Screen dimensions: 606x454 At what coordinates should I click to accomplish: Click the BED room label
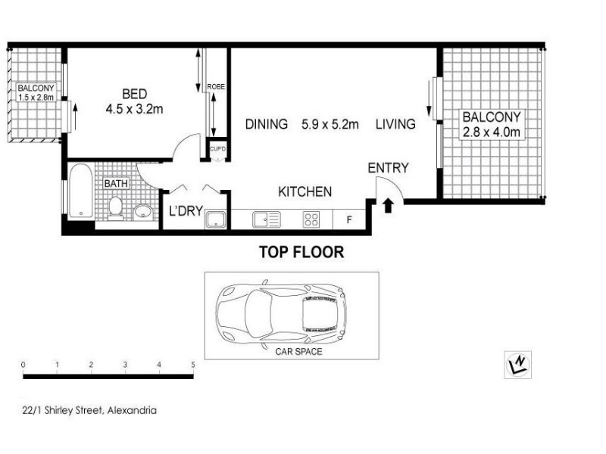pyautogui.click(x=135, y=94)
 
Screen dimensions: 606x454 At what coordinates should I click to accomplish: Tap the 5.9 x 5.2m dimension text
pyautogui.click(x=330, y=124)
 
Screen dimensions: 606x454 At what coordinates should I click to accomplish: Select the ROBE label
pyautogui.click(x=216, y=87)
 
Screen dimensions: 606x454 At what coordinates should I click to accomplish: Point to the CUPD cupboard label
pyautogui.click(x=217, y=148)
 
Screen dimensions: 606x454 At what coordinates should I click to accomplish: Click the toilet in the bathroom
pyautogui.click(x=115, y=208)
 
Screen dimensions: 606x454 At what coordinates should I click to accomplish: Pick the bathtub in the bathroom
pyautogui.click(x=81, y=191)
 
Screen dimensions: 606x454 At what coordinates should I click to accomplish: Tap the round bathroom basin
pyautogui.click(x=143, y=212)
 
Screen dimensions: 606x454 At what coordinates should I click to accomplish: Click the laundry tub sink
pyautogui.click(x=216, y=219)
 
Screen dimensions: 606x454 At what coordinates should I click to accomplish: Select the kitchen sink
pyautogui.click(x=267, y=219)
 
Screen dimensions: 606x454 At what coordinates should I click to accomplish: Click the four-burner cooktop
pyautogui.click(x=311, y=219)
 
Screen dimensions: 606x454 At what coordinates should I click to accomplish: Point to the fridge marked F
pyautogui.click(x=349, y=219)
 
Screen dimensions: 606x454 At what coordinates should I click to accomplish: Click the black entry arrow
pyautogui.click(x=388, y=206)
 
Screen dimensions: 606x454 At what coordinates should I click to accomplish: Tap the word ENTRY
pyautogui.click(x=388, y=168)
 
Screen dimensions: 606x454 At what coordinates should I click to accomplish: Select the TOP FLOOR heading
pyautogui.click(x=301, y=252)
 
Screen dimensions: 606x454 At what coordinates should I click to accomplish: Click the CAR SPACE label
pyautogui.click(x=298, y=351)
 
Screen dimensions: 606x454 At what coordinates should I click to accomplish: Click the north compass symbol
pyautogui.click(x=518, y=365)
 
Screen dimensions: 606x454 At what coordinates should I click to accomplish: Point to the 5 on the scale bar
pyautogui.click(x=193, y=364)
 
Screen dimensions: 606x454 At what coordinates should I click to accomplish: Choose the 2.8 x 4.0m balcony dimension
pyautogui.click(x=491, y=132)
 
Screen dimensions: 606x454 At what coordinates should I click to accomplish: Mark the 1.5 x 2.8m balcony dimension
pyautogui.click(x=36, y=98)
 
